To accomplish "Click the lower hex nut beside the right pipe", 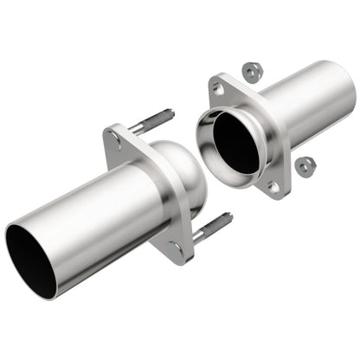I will pyautogui.click(x=304, y=164).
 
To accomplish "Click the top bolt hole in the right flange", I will pyautogui.click(x=217, y=87).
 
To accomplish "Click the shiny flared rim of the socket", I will pyautogui.click(x=208, y=130).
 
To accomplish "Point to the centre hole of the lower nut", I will pyautogui.click(x=304, y=164).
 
